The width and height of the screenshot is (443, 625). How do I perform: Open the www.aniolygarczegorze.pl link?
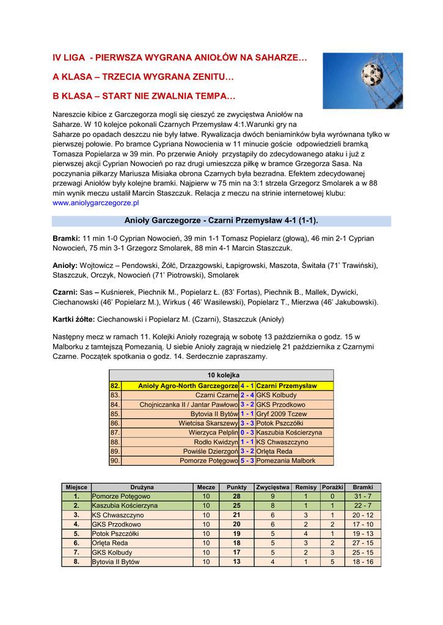point(96,202)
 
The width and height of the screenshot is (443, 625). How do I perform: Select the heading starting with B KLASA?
point(144,96)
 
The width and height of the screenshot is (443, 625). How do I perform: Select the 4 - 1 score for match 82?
point(247,386)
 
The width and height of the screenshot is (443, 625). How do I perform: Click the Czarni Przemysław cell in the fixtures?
point(287,386)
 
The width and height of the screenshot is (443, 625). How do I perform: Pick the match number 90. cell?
point(115,461)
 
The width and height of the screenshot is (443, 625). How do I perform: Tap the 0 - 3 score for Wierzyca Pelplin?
point(247,433)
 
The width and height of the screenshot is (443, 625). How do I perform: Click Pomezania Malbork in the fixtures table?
point(286,461)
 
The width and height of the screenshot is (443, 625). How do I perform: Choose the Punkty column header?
point(236,487)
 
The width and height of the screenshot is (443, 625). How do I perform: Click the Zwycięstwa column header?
point(273,487)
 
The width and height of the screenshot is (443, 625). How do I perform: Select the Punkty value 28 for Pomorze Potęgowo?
point(236,496)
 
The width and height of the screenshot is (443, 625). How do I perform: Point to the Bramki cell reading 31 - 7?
point(362,496)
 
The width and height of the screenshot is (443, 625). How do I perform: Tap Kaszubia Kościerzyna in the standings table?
point(125,506)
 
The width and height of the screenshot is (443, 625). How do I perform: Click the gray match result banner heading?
point(221,220)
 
